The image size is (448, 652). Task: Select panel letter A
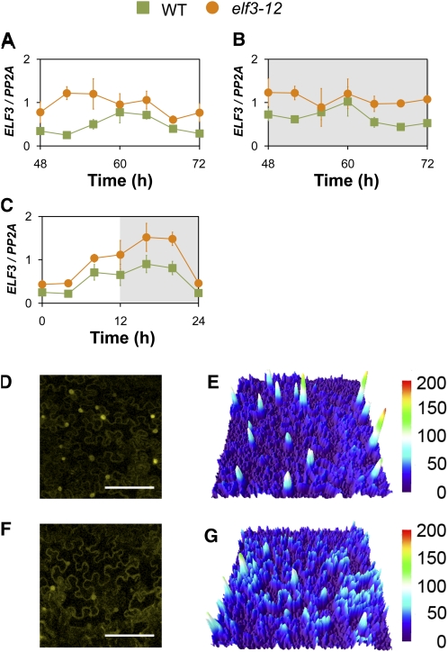point(8,42)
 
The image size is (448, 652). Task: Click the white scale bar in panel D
point(130,487)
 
